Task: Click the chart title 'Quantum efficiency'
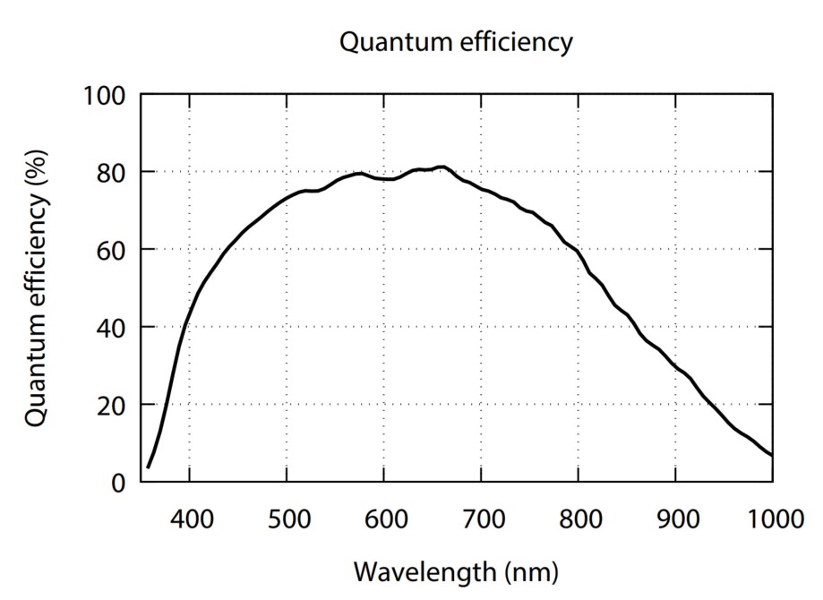(x=455, y=42)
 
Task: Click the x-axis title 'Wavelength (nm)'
(x=455, y=570)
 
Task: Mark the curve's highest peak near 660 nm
(x=442, y=167)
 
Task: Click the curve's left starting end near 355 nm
(x=148, y=467)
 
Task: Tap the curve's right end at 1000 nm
(x=772, y=456)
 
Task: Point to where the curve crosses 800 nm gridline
(x=578, y=252)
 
